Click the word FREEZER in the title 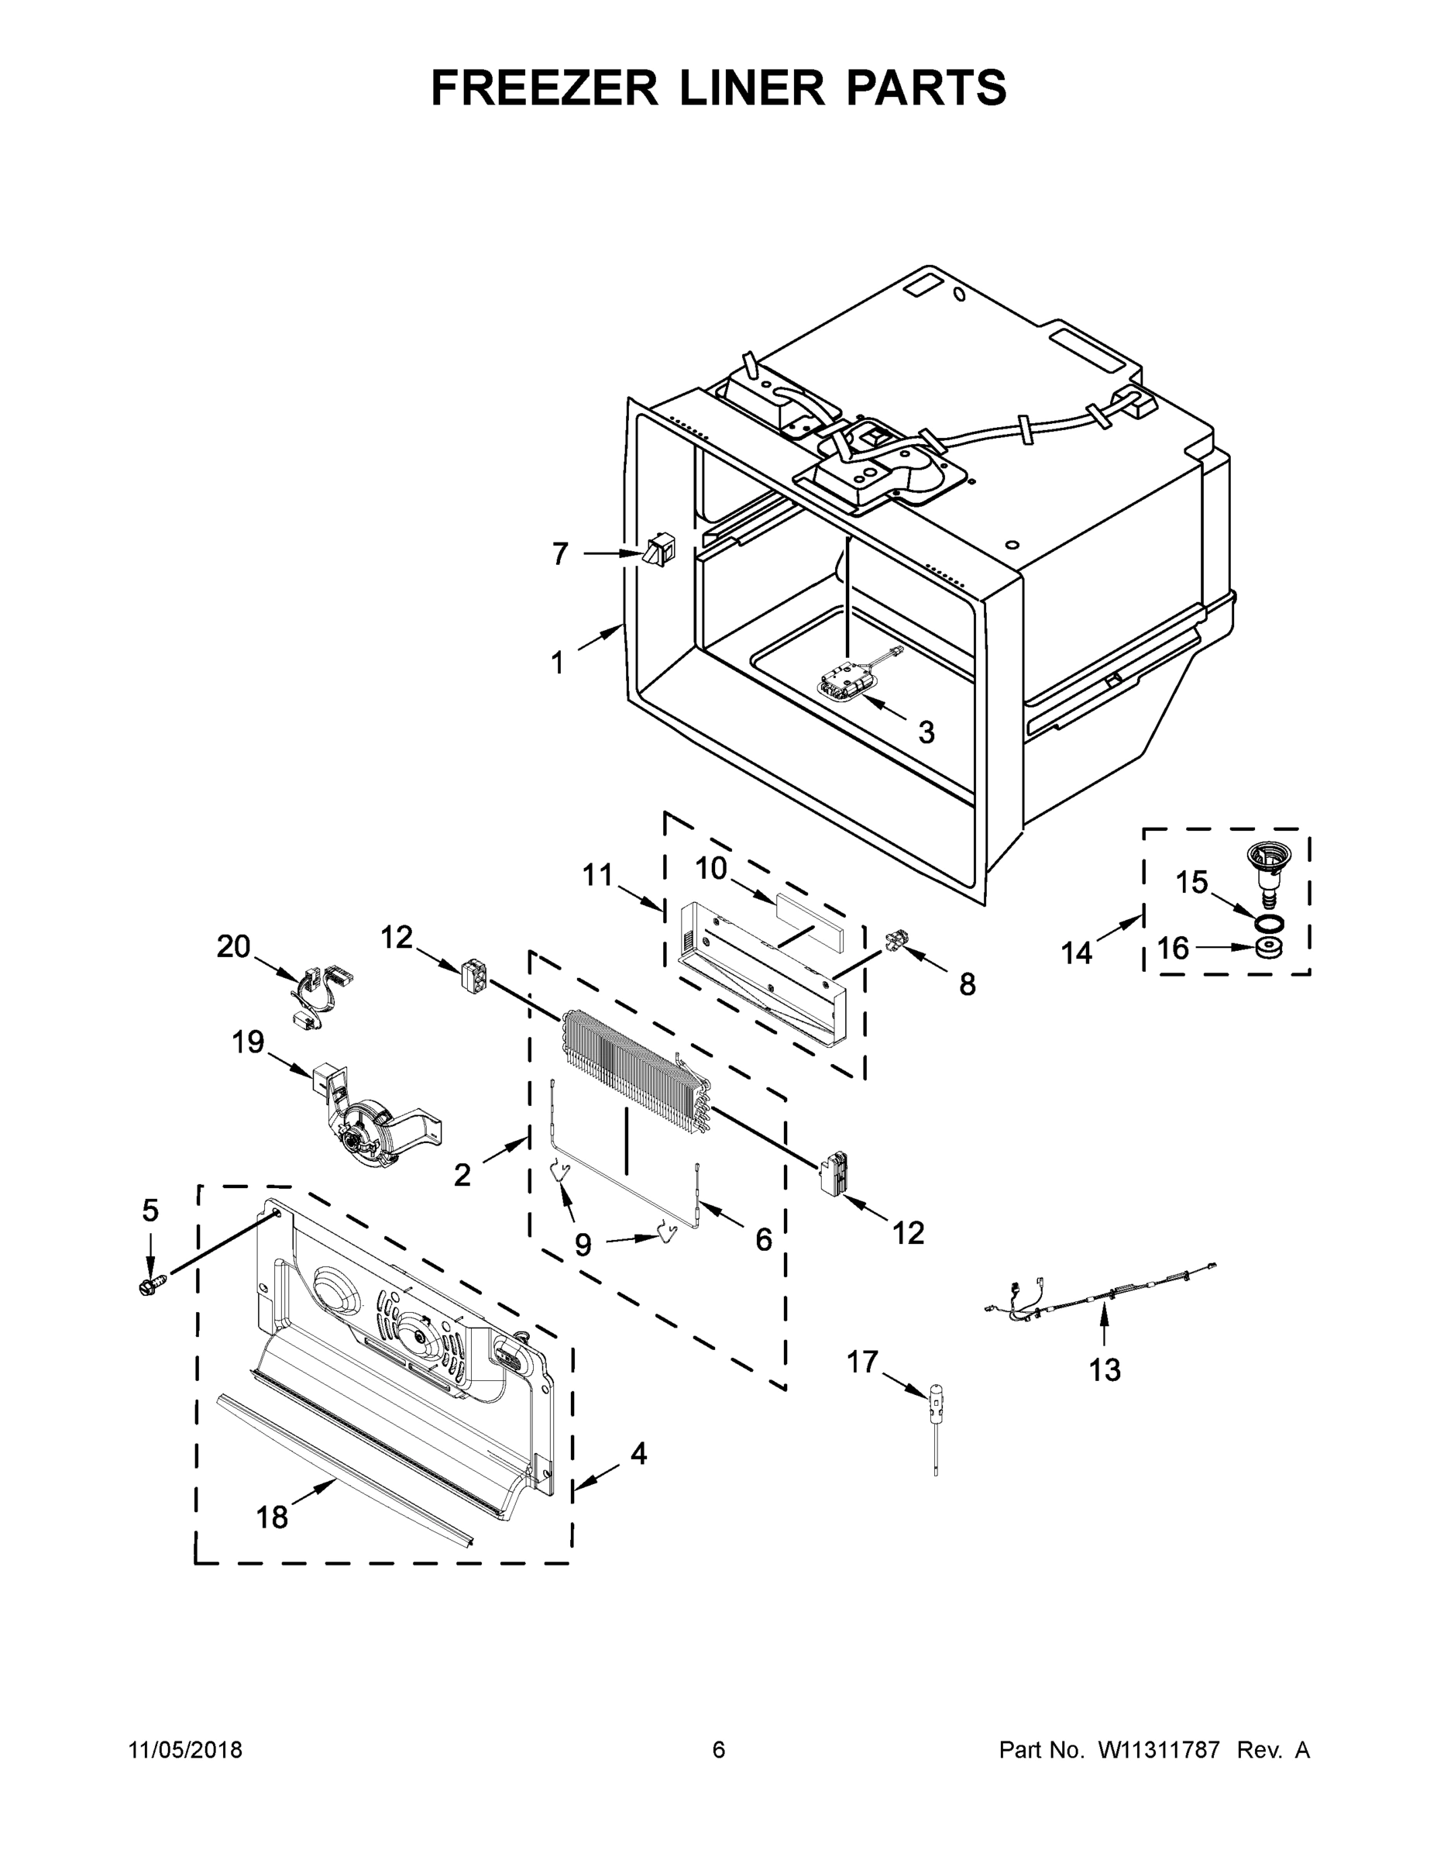(x=545, y=88)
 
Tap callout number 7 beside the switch (x=559, y=554)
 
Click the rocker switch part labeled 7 (x=659, y=550)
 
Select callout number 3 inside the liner (x=926, y=732)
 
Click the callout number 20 (x=233, y=946)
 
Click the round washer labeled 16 (x=1268, y=947)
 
